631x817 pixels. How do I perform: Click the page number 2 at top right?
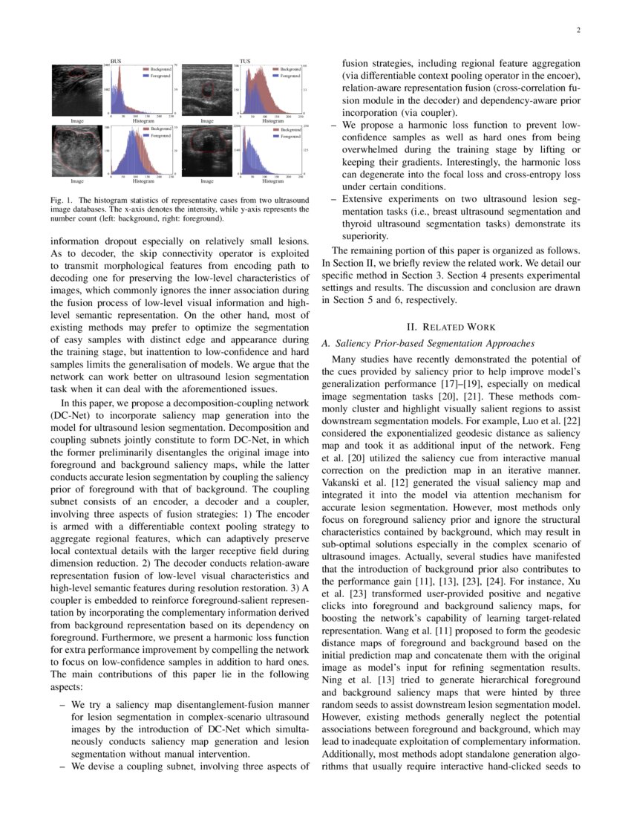click(578, 30)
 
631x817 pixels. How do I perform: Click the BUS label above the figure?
click(116, 61)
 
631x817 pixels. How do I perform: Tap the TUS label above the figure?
click(245, 61)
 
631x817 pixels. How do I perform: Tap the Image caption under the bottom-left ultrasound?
click(77, 180)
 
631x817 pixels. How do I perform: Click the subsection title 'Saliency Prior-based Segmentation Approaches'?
click(430, 343)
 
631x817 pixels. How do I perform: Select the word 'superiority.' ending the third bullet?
click(364, 236)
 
